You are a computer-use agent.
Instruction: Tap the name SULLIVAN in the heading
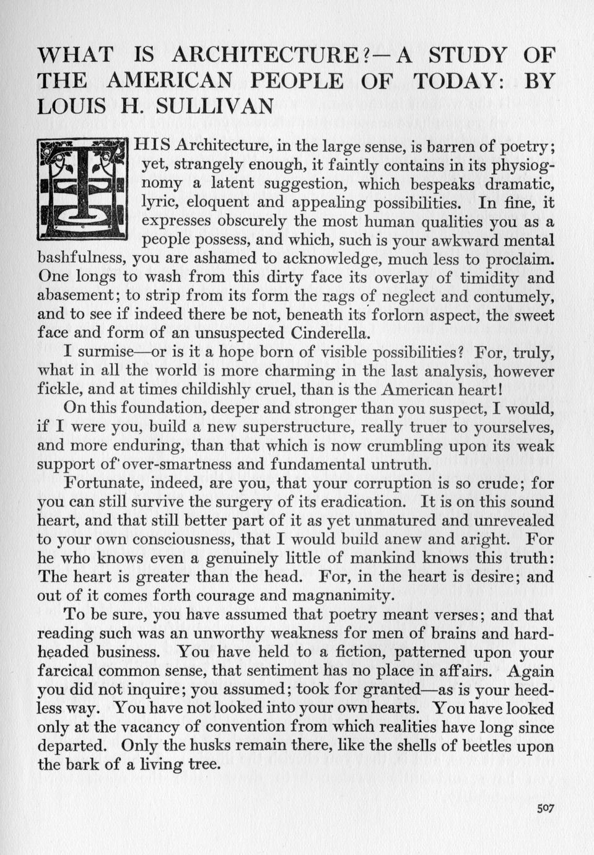tap(214, 106)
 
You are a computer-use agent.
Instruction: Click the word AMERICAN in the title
tap(168, 81)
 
